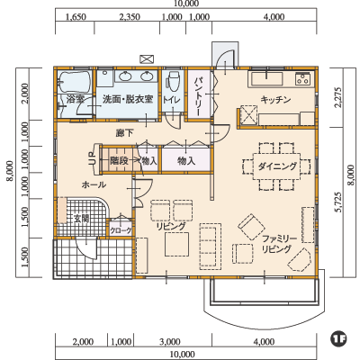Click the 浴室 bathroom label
click(x=76, y=99)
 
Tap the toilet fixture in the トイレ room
click(x=173, y=80)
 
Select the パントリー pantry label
click(x=199, y=96)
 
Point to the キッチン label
click(x=275, y=100)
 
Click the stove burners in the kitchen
click(x=302, y=79)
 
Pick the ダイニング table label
click(x=277, y=166)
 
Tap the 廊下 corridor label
click(x=125, y=132)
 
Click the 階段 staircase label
click(x=119, y=161)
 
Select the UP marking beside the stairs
click(x=92, y=157)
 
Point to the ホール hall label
click(x=94, y=184)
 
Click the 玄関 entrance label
click(x=82, y=219)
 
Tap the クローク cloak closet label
click(x=121, y=230)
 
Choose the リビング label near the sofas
click(x=171, y=226)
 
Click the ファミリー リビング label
click(x=278, y=244)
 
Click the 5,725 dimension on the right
click(x=338, y=202)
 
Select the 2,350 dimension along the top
click(x=130, y=17)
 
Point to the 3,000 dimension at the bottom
click(x=170, y=342)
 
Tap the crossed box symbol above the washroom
click(x=147, y=58)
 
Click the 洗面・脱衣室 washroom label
click(x=128, y=99)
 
